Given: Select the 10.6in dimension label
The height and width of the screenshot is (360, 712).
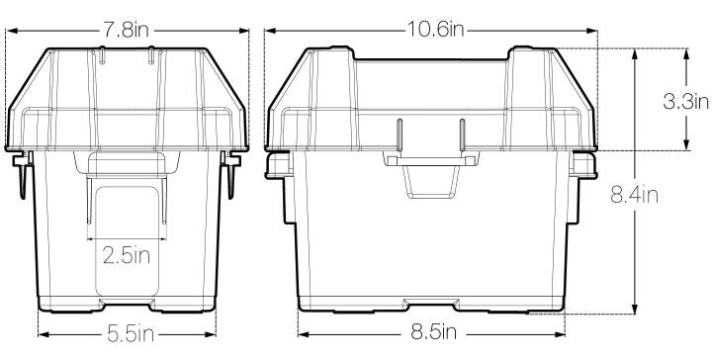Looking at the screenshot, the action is [x=435, y=31].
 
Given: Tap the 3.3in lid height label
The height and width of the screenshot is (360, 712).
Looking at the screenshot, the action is [x=685, y=102].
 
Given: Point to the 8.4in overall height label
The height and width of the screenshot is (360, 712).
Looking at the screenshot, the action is [x=634, y=196].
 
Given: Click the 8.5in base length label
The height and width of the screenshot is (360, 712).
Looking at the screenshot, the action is [x=434, y=332].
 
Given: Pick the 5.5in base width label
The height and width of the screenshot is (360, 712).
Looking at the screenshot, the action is [x=131, y=334].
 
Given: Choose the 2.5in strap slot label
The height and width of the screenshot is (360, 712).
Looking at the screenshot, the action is [x=127, y=256].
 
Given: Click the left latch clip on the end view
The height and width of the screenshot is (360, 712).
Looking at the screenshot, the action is [x=23, y=175].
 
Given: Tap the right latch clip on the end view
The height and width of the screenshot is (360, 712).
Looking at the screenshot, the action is [x=230, y=175].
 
